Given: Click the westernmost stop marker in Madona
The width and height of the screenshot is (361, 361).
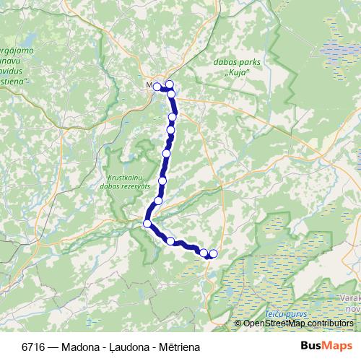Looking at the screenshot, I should coord(157,87).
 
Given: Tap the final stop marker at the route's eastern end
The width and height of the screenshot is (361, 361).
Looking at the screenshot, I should coord(213,253).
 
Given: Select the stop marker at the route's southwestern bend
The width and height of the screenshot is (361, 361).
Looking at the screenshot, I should coord(147,224).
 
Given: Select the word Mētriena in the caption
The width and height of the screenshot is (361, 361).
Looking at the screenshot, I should coord(175,347).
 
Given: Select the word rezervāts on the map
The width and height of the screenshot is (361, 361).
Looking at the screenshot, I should coord(131,186).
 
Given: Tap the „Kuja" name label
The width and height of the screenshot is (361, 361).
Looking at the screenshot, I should coord(238,74).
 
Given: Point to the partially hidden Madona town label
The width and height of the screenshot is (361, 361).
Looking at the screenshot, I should coord(149,85).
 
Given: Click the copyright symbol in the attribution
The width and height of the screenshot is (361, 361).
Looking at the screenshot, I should coord(238,323).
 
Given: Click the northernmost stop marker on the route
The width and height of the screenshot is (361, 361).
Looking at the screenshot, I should coord(170,84).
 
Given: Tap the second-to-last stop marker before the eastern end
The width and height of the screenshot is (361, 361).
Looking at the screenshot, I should coord(204,253).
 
